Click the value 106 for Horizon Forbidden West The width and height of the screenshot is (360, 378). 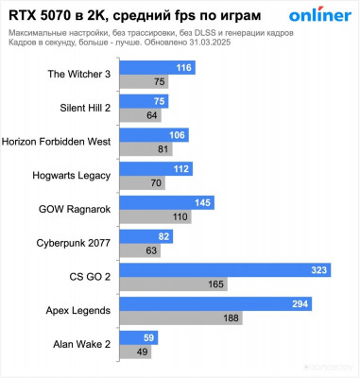click(x=177, y=135)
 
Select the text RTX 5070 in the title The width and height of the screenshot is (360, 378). click(x=40, y=14)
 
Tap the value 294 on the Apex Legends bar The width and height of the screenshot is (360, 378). click(x=300, y=303)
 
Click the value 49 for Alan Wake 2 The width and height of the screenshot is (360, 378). click(x=144, y=352)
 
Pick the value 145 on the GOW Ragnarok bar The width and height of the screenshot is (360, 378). click(x=202, y=203)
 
